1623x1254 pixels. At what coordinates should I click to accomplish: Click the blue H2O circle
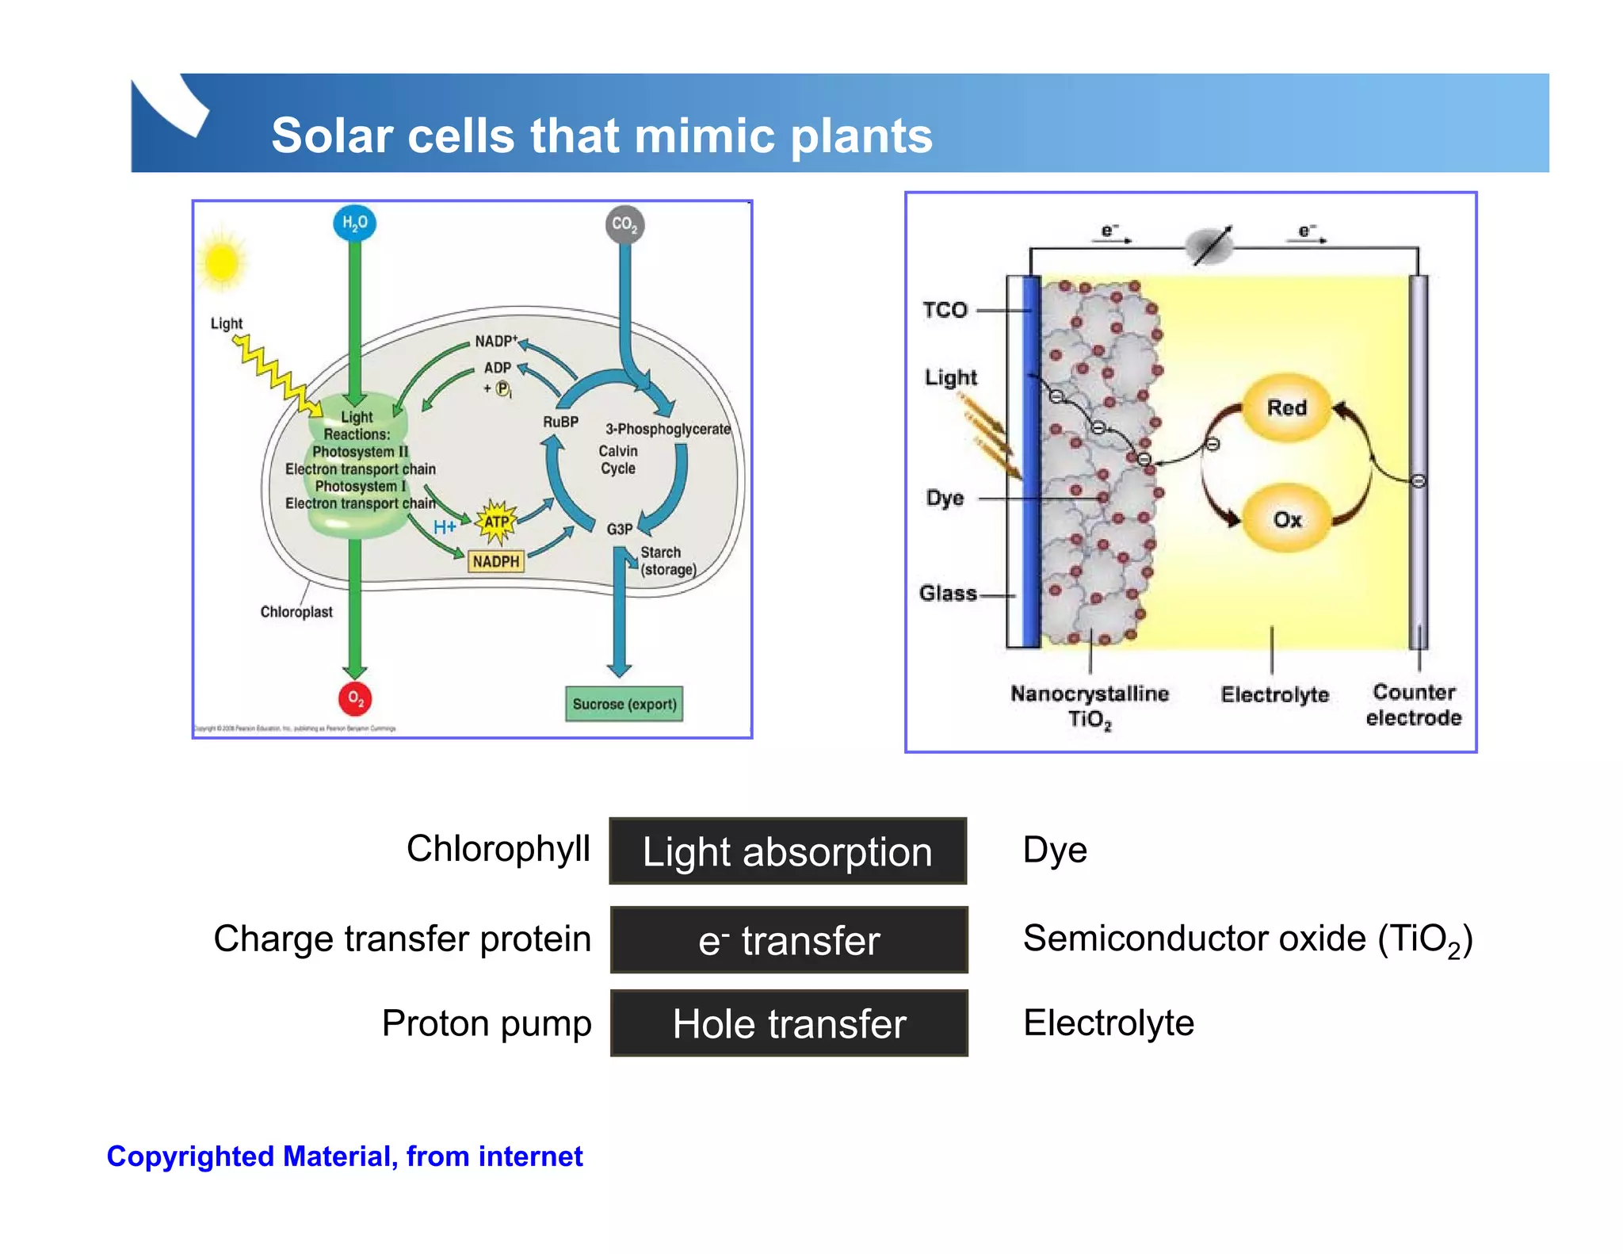pyautogui.click(x=354, y=223)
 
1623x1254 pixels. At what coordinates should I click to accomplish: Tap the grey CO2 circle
pyautogui.click(x=624, y=224)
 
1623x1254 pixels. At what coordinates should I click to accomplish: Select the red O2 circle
pyautogui.click(x=355, y=698)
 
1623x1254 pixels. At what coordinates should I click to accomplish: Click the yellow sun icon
pyautogui.click(x=222, y=262)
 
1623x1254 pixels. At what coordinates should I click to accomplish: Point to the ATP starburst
pyautogui.click(x=496, y=522)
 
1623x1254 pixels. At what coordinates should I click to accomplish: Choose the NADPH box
pyautogui.click(x=496, y=561)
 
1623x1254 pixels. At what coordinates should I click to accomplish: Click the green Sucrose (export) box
pyautogui.click(x=624, y=704)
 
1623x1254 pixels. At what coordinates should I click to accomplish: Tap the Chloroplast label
pyautogui.click(x=296, y=612)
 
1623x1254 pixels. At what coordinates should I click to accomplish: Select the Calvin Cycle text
pyautogui.click(x=618, y=460)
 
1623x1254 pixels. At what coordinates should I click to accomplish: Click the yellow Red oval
pyautogui.click(x=1286, y=408)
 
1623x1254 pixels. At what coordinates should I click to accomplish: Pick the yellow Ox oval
pyautogui.click(x=1287, y=519)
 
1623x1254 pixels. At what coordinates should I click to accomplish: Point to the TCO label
pyautogui.click(x=945, y=310)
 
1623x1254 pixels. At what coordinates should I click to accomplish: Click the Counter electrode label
pyautogui.click(x=1414, y=705)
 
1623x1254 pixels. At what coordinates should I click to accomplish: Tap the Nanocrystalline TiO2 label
pyautogui.click(x=1090, y=705)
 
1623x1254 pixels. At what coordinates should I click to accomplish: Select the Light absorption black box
pyautogui.click(x=788, y=852)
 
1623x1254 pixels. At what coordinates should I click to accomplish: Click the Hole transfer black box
pyautogui.click(x=789, y=1023)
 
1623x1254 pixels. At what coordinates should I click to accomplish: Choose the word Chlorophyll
pyautogui.click(x=498, y=849)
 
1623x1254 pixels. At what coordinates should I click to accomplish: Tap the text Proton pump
pyautogui.click(x=487, y=1023)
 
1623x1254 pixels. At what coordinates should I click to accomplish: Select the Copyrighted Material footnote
pyautogui.click(x=345, y=1157)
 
